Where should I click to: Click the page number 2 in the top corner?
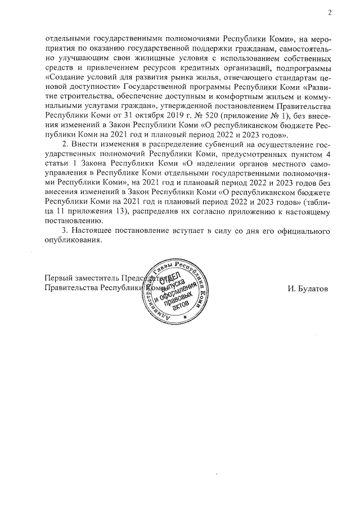pyautogui.click(x=329, y=13)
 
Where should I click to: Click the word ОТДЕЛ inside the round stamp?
pyautogui.click(x=170, y=278)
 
